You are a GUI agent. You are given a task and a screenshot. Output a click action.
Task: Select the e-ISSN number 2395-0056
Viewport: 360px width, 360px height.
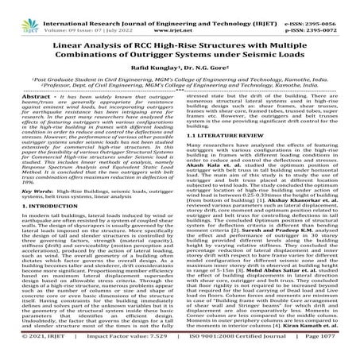pyautogui.click(x=335, y=5)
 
